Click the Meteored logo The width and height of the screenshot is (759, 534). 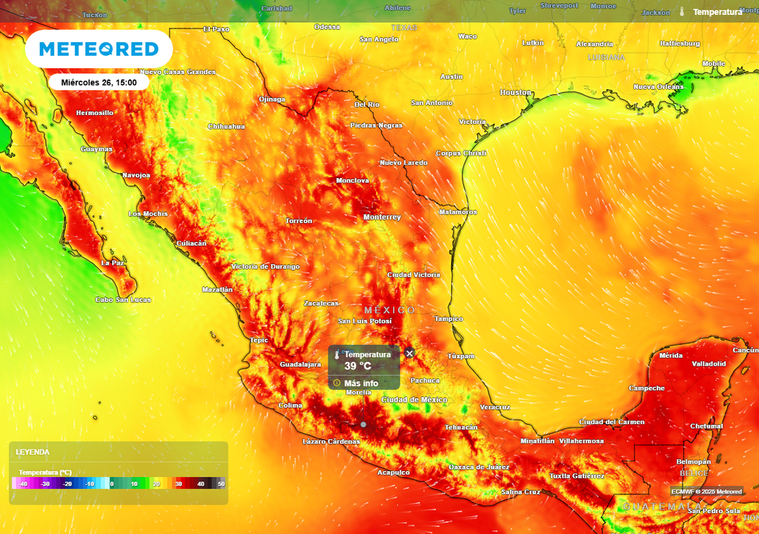(99, 50)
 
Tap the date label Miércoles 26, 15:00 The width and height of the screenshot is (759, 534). (99, 82)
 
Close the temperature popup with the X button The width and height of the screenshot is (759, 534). (410, 354)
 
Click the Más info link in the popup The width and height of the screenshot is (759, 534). (361, 383)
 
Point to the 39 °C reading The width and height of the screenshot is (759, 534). (357, 366)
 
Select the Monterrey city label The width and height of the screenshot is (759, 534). (382, 217)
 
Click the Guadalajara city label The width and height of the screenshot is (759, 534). (300, 365)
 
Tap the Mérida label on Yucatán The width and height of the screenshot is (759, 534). (671, 355)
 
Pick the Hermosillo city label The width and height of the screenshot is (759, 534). (95, 113)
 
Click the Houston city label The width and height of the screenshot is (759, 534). (516, 93)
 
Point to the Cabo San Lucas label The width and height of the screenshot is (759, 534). (123, 300)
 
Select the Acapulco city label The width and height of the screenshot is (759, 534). (394, 472)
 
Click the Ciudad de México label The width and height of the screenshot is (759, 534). (414, 400)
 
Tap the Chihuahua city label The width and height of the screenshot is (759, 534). (226, 126)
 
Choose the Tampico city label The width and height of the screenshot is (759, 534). (448, 319)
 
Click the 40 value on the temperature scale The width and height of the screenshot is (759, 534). (200, 484)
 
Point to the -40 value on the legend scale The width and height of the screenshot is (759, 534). (24, 484)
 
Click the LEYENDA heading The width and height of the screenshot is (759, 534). (33, 452)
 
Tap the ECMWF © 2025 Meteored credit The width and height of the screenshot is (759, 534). (706, 492)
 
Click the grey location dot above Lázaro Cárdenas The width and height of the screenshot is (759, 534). (363, 424)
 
